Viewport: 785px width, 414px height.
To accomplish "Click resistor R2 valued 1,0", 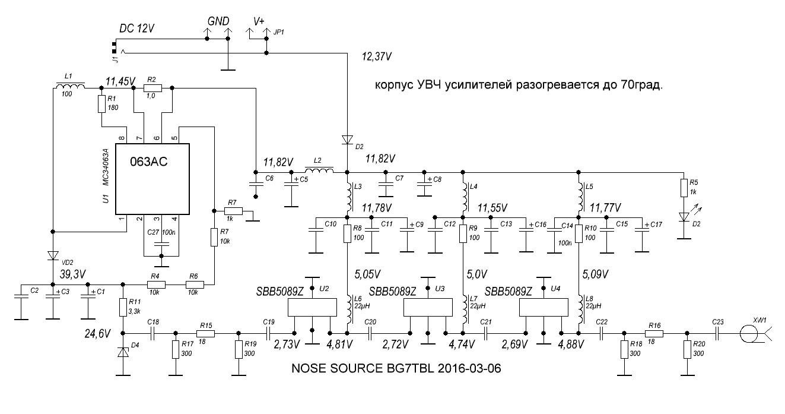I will [152, 87].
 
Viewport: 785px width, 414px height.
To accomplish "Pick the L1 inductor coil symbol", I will [70, 87].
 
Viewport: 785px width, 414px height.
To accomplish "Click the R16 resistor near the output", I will [655, 334].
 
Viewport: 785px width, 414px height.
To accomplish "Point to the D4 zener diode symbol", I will [123, 352].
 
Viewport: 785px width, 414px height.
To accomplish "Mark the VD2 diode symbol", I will [53, 255].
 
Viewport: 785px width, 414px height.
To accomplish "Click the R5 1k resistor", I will [684, 188].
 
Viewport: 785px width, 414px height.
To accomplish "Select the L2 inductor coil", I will [319, 172].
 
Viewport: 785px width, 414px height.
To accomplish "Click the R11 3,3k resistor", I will [123, 308].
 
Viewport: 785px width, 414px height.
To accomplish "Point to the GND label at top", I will [218, 21].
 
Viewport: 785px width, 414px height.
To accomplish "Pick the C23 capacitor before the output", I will [718, 334].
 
